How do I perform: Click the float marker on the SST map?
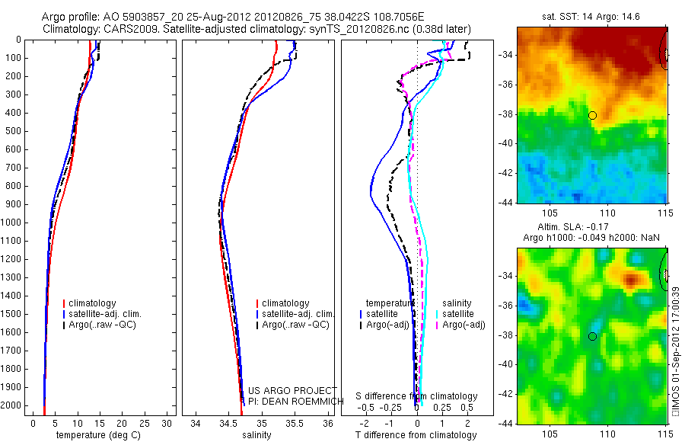click(592, 115)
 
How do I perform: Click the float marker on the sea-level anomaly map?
click(592, 336)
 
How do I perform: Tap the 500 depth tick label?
click(13, 131)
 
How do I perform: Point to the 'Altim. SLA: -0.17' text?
click(591, 228)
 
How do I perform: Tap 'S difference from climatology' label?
click(417, 396)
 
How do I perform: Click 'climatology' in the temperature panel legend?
click(93, 303)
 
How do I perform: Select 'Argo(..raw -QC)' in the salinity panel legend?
click(295, 325)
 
